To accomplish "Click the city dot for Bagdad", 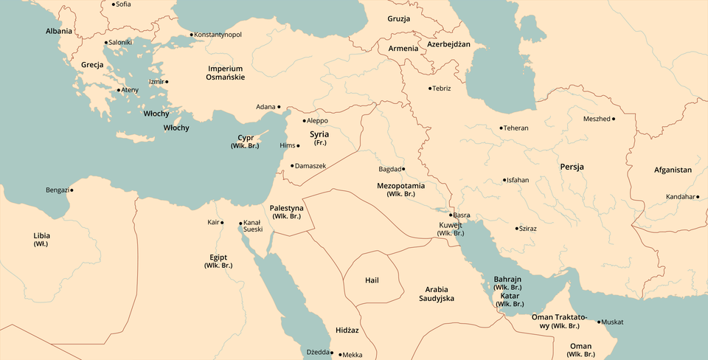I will (x=403, y=169).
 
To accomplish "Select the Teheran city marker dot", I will (x=501, y=128).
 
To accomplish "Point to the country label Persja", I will (x=572, y=167).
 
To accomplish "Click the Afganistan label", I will (x=673, y=170).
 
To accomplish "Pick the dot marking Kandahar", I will (x=698, y=197).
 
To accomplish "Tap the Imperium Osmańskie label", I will (x=225, y=72).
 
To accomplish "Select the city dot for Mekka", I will (x=340, y=355).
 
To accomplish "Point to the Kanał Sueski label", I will (x=252, y=226).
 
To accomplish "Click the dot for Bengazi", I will (x=72, y=190).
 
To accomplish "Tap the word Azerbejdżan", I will (x=448, y=44).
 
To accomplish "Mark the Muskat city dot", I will (x=600, y=322).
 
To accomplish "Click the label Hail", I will (x=372, y=280).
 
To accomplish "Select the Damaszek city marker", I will (x=292, y=165).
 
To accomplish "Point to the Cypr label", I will (x=246, y=138).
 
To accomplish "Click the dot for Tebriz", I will (x=430, y=89).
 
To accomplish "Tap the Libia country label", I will (x=42, y=236).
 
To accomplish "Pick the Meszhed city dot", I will (x=614, y=119).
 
